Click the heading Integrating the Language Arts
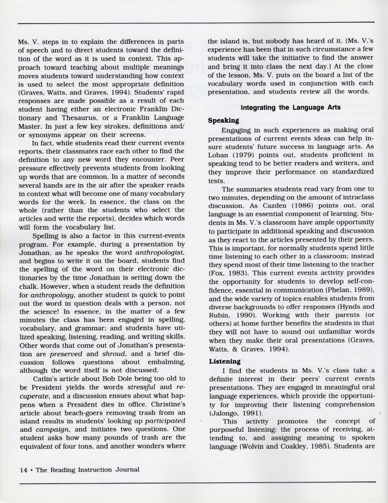(x=291, y=108)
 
